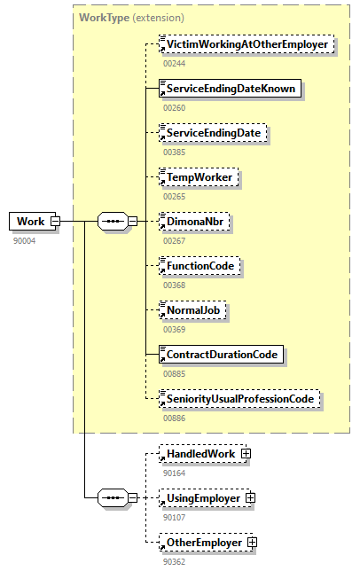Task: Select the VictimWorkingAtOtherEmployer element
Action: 246,43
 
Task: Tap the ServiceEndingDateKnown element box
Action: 229,88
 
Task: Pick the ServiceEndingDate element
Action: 213,132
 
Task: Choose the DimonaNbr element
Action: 193,221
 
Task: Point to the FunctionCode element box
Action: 199,265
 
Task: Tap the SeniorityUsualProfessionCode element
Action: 239,399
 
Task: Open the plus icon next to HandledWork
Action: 246,454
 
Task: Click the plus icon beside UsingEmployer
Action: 251,498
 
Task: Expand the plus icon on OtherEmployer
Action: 253,542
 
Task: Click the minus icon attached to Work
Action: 55,221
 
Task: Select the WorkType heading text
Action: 103,17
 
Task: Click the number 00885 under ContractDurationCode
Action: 175,372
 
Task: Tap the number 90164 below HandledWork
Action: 175,472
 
